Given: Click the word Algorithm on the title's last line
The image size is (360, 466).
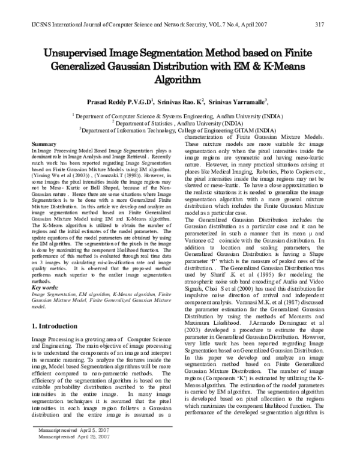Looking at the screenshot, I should [179, 79].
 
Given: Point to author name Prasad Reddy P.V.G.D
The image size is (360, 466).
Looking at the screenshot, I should [120, 102].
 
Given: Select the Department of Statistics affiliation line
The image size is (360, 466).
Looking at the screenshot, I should [179, 122].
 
